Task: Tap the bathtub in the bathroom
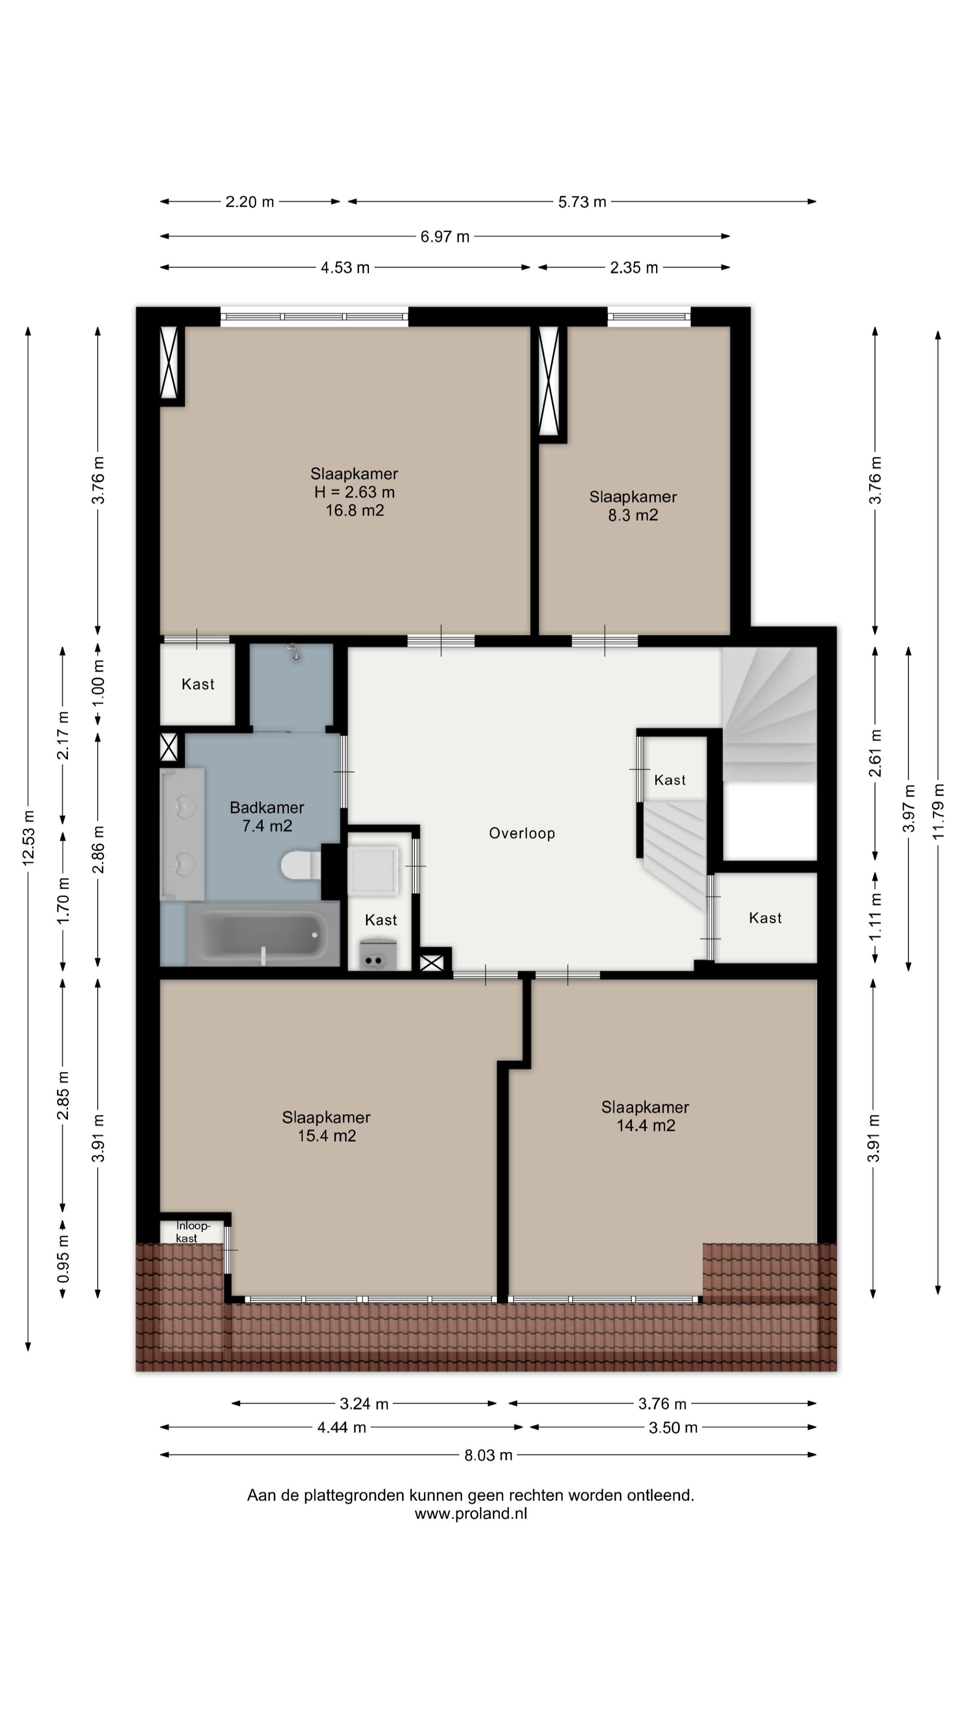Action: tap(263, 934)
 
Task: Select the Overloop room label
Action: tap(522, 833)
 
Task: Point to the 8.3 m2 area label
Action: tap(633, 515)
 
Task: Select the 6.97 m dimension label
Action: tap(445, 237)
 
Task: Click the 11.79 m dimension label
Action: tap(939, 811)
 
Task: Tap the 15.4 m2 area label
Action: tap(326, 1136)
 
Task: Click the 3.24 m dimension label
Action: tap(364, 1404)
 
